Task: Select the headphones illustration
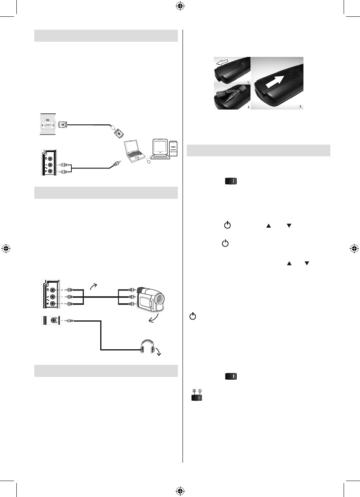coord(151,348)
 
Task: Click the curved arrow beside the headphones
coord(161,353)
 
